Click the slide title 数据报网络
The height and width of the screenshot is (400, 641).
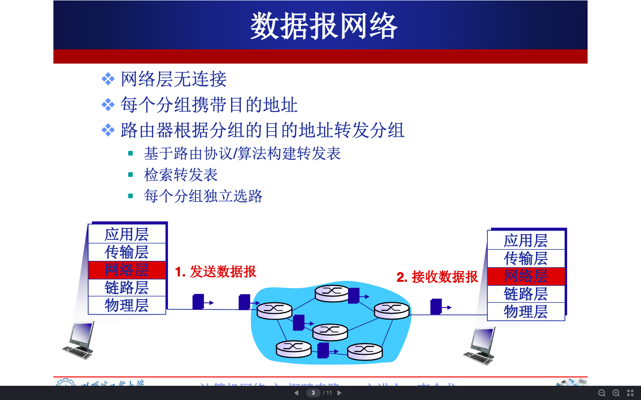coord(324,26)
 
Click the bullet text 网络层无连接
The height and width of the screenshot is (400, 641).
coord(174,79)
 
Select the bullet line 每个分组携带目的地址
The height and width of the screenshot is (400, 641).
coord(209,105)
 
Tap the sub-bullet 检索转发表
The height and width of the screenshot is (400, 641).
coord(181,175)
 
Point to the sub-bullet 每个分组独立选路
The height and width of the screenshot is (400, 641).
coord(203,196)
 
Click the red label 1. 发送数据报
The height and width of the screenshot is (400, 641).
coord(215,272)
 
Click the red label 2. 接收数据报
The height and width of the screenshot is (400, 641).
coord(437,277)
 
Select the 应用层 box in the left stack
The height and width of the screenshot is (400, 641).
coord(127,234)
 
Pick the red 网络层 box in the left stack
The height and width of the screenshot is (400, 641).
coord(127,270)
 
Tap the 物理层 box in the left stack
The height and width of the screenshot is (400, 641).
coord(127,305)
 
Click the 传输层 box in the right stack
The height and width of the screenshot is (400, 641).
coord(526,258)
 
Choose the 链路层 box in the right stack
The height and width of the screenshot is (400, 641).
coord(526,294)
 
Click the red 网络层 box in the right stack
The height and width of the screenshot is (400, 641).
coord(526,276)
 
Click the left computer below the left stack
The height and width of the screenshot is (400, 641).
coord(79,340)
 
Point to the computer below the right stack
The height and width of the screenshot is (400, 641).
coord(480,346)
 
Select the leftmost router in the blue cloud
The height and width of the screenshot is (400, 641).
coord(275,310)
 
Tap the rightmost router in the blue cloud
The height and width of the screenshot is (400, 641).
coord(392,310)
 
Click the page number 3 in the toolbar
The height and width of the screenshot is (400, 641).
coord(313,393)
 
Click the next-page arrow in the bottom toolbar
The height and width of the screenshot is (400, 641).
coord(339,393)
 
